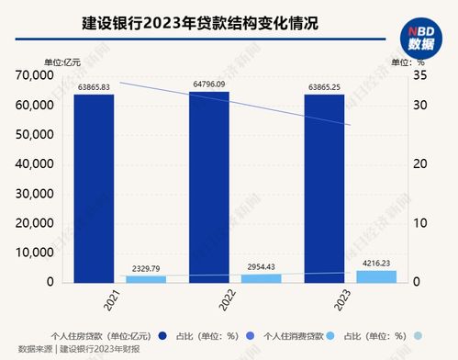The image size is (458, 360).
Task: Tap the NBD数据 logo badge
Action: click(423, 36)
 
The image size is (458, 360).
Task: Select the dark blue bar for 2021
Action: click(95, 188)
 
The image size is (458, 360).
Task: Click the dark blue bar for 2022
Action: click(209, 186)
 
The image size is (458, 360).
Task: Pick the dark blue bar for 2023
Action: click(325, 188)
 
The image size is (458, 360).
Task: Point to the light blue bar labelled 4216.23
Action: click(375, 276)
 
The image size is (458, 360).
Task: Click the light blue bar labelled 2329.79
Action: click(145, 278)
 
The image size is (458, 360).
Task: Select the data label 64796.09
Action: click(209, 84)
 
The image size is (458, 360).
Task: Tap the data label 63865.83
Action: click(95, 86)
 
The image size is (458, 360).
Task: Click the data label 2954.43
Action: click(261, 265)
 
